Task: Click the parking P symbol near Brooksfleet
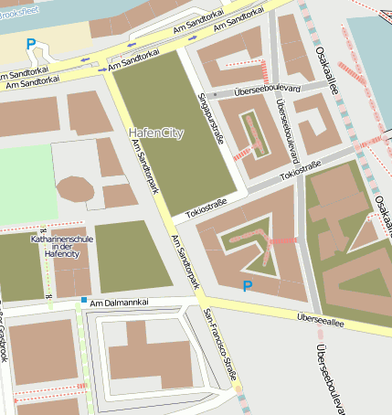pyautogui.click(x=31, y=44)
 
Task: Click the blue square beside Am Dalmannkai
pyautogui.click(x=84, y=300)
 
